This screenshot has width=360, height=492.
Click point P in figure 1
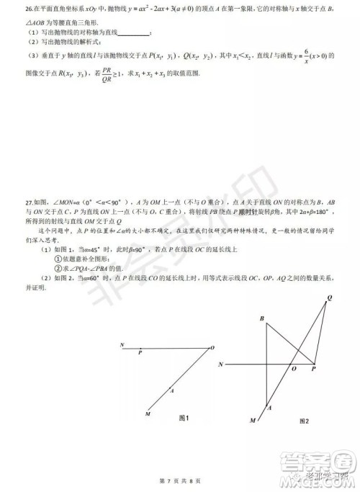click(x=140, y=353)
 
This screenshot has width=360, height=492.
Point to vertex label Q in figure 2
click(x=329, y=298)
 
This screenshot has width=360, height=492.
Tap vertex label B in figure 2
click(x=261, y=318)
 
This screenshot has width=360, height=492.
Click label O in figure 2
click(x=292, y=369)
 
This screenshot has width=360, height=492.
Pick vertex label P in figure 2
click(x=314, y=369)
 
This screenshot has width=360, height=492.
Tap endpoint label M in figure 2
click(x=253, y=420)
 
